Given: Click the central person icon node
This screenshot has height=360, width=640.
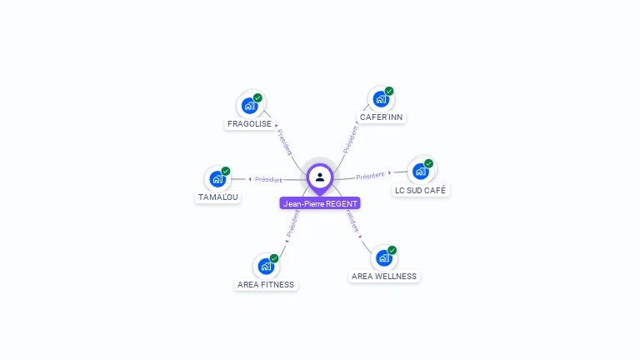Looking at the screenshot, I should point(320,177).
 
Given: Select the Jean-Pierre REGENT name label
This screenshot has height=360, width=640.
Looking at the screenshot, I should point(320,203).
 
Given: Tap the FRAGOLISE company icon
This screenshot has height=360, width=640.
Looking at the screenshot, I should point(249,106).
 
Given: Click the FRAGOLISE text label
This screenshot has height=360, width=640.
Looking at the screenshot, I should point(249,124).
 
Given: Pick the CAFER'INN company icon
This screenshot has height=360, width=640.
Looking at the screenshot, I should point(381,99).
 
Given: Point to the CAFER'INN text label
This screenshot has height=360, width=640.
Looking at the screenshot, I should point(381,117).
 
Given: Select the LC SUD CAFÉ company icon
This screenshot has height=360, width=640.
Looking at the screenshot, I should point(420,172).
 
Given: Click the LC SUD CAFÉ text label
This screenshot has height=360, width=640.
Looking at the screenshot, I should point(421,191).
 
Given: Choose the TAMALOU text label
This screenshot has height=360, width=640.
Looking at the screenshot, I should point(217,197).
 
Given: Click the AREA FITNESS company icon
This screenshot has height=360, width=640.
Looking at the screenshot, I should point(265,266).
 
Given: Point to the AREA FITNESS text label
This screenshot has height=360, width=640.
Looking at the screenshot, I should point(266,285).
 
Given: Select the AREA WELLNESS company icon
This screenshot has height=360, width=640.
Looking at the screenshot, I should point(383,257).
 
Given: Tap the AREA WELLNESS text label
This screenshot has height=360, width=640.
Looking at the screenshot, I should point(384,277).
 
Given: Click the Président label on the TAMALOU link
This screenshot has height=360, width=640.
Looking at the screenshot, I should point(268,179).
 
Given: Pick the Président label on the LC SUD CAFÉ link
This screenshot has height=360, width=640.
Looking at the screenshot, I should point(370,176).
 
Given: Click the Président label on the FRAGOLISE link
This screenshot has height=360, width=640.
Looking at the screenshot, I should point(284,142).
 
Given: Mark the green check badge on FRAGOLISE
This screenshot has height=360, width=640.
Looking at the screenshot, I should point(258,97).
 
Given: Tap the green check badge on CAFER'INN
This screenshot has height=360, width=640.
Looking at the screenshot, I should point(389,91).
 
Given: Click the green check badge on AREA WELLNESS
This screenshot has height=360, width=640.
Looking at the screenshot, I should point(392,250).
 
